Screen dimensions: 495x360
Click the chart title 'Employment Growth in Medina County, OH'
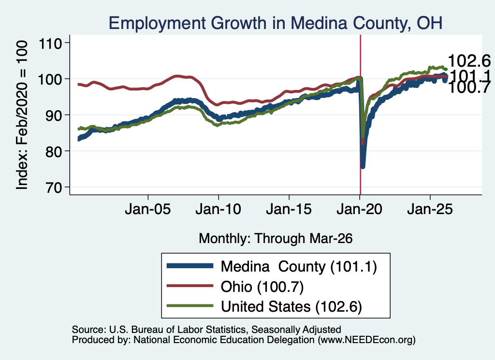275,23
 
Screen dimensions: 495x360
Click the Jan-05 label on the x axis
148,210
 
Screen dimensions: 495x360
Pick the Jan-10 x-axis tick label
218,210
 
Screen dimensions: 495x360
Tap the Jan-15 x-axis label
289,210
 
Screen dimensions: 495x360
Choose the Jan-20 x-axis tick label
359,210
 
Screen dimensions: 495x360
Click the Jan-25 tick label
430,210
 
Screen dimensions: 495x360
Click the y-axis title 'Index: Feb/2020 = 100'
21,115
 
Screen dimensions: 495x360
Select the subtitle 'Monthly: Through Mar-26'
276,239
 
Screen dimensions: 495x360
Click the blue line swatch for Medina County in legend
189,266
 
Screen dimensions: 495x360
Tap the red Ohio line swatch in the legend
189,286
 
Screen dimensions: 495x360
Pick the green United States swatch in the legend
189,305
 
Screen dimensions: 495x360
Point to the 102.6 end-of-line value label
469,60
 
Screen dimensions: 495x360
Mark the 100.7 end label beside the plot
469,87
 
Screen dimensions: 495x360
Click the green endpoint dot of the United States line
446,70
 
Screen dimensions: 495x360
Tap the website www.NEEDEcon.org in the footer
366,340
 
